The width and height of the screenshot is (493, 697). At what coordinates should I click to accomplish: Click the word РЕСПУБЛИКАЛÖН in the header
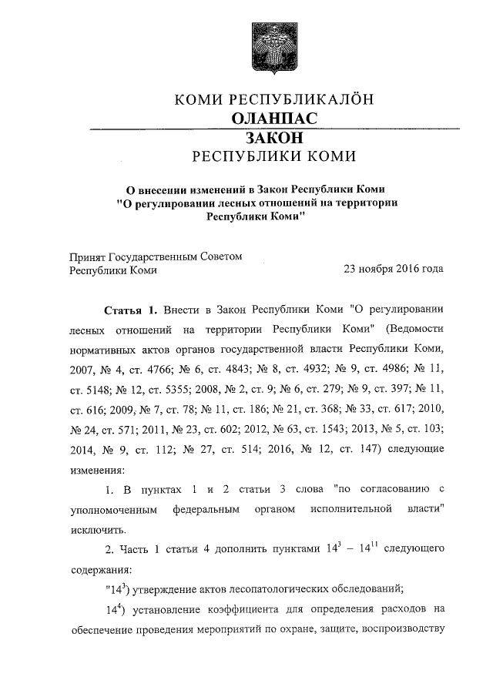(x=302, y=99)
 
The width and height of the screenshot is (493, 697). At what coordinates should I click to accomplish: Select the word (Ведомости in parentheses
(x=413, y=330)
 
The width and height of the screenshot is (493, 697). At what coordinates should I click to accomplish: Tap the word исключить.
(x=98, y=530)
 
